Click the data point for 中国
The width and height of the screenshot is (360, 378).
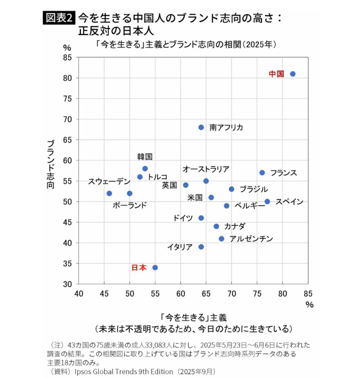coord(293,74)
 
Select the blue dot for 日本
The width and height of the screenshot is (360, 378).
coord(155,268)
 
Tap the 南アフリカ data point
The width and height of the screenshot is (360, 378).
coord(201,127)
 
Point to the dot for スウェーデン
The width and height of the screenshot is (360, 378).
coord(109,193)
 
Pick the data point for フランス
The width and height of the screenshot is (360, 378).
coord(262,173)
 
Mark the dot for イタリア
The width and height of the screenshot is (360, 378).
coord(201,247)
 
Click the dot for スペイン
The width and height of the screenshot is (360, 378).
coord(267,202)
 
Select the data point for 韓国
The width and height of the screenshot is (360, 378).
coord(145,169)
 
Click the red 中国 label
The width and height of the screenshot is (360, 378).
coord(276,74)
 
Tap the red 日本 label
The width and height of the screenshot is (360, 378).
coord(139,268)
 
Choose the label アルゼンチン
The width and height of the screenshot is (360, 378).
coord(251,239)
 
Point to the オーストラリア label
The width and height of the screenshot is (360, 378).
coord(206,169)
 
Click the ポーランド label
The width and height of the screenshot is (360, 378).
coord(129,205)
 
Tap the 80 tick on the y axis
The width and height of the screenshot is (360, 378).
coord(68,78)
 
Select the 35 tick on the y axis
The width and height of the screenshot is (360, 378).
coord(68,264)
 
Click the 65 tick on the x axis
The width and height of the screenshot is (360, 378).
coord(206,294)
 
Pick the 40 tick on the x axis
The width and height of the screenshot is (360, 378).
coord(78,294)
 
